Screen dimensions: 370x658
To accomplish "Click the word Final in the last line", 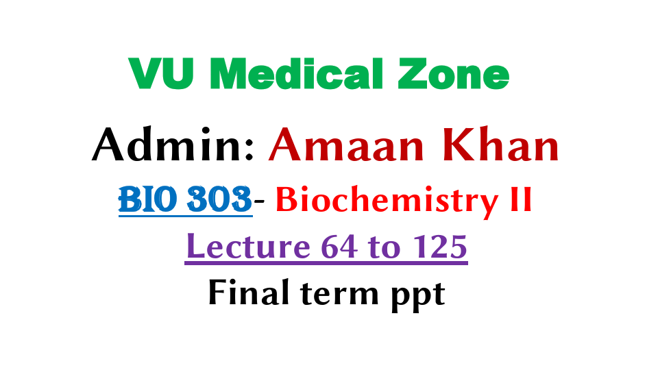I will point(243,293).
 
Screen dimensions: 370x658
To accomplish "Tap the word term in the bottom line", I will point(334,294).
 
